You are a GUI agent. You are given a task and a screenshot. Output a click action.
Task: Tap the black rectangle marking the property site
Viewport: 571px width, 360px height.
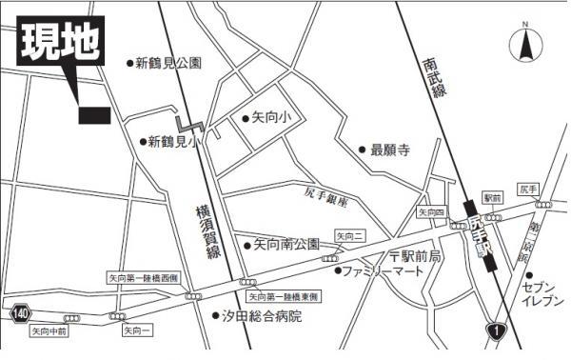click(x=94, y=115)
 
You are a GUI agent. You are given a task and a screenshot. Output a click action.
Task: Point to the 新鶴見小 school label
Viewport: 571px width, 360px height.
click(x=171, y=142)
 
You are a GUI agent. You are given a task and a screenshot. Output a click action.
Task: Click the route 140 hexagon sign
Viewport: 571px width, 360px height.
click(x=22, y=311)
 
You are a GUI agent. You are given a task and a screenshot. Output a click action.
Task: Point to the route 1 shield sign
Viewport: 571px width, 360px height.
click(x=495, y=330)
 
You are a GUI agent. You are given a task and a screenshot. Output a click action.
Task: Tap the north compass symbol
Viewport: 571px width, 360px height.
click(x=524, y=43)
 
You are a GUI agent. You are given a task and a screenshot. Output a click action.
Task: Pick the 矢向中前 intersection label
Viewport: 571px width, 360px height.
click(x=49, y=332)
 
